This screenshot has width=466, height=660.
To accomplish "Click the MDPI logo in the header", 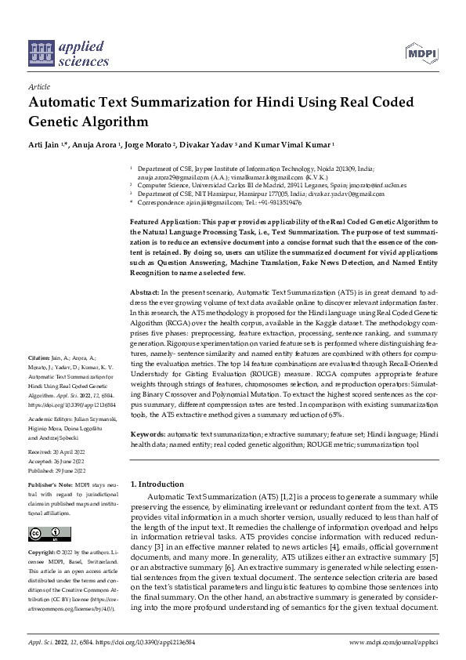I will [x=421, y=53].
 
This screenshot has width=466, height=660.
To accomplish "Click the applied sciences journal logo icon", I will [x=40, y=53].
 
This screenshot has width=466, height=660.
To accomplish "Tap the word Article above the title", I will [x=38, y=88].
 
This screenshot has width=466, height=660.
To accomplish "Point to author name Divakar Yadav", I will [x=206, y=145].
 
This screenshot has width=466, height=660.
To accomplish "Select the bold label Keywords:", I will [x=149, y=433].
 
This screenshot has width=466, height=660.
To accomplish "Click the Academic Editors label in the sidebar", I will [x=52, y=419].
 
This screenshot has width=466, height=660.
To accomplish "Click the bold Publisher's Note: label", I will [x=50, y=486].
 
